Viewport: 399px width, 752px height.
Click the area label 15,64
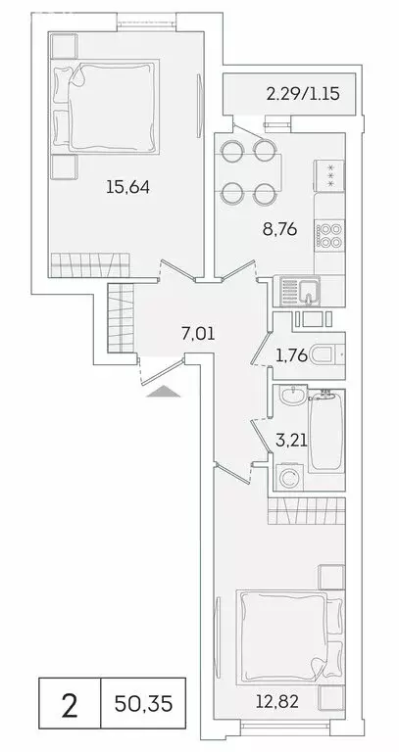click(x=127, y=187)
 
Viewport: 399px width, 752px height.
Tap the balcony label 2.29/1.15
click(x=296, y=95)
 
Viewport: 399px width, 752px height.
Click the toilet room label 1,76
click(x=288, y=356)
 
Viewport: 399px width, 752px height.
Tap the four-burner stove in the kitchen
click(x=327, y=235)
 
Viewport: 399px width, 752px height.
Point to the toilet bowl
click(x=324, y=355)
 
